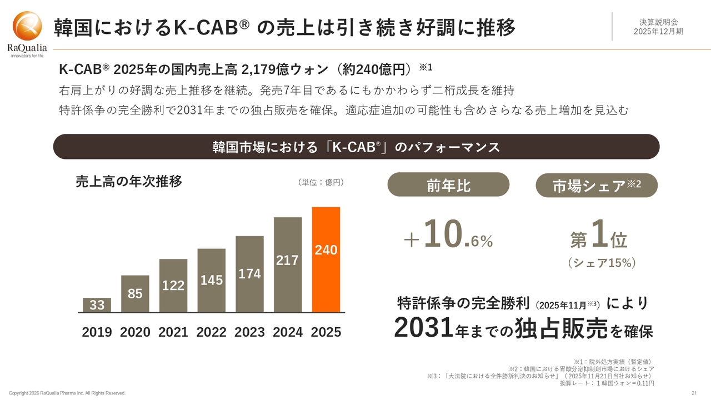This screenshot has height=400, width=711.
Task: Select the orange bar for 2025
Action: click(326, 259)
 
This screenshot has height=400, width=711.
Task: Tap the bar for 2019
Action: click(97, 305)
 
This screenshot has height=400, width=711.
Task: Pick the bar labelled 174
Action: click(250, 274)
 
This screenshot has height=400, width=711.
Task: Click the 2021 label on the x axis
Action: click(173, 332)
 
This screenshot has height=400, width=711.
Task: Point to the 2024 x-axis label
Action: click(288, 332)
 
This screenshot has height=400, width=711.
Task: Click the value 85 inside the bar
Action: click(135, 293)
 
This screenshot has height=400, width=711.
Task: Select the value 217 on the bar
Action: click(288, 260)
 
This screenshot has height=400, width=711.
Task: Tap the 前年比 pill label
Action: click(448, 185)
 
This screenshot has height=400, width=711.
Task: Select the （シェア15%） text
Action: click(601, 263)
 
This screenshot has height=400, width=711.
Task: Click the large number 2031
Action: click(424, 327)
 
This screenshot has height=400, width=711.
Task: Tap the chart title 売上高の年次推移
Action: click(129, 182)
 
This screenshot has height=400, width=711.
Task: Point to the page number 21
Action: click(694, 393)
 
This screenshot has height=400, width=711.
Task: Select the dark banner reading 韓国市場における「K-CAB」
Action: click(356, 147)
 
